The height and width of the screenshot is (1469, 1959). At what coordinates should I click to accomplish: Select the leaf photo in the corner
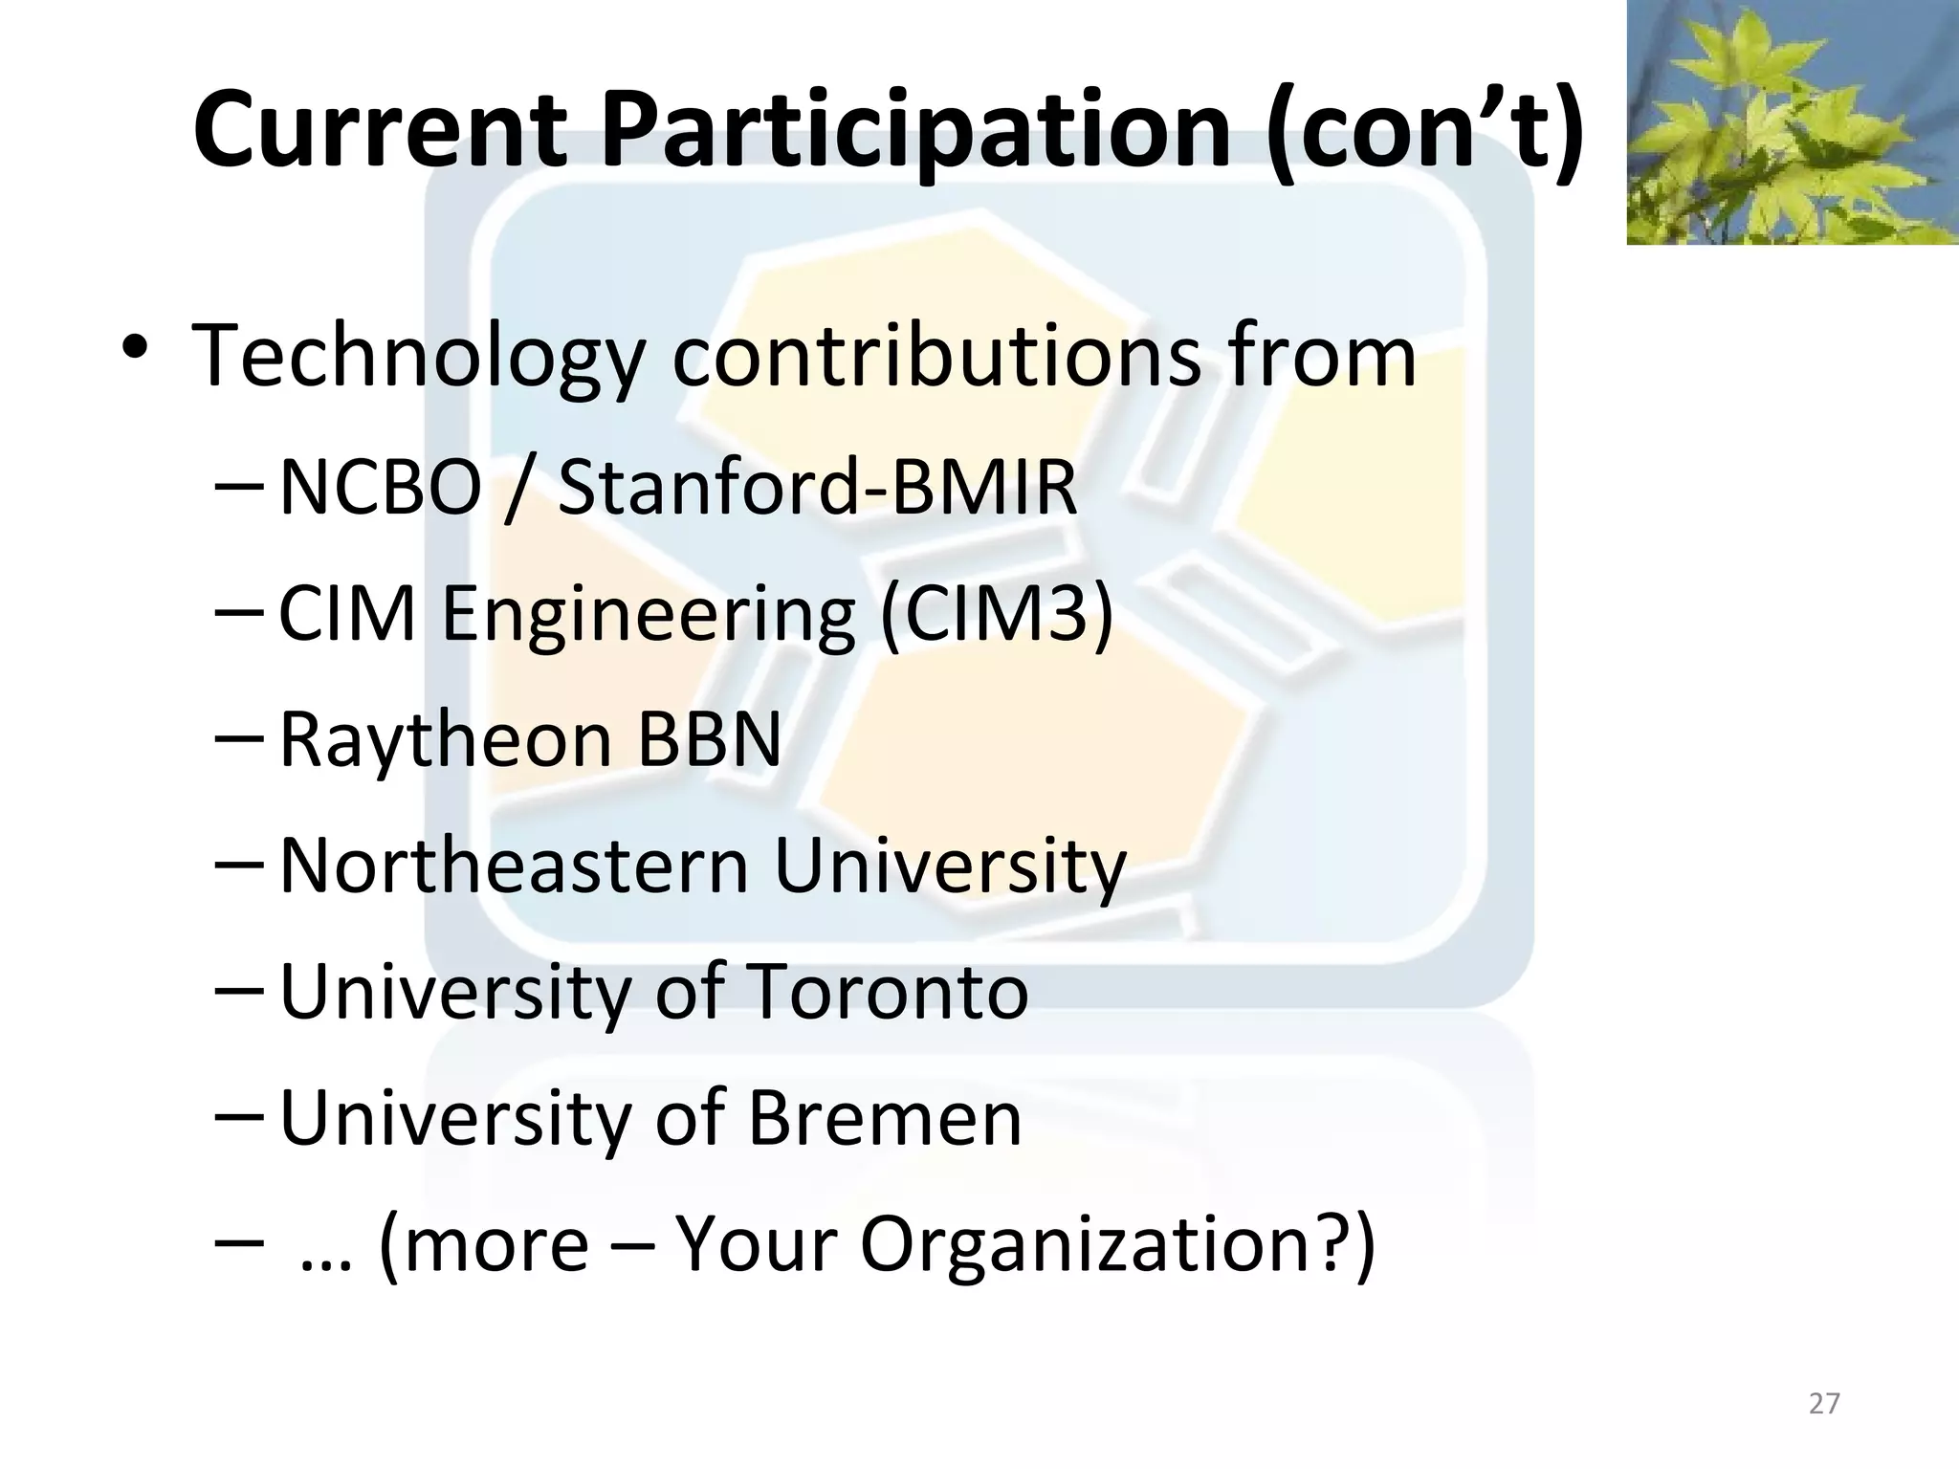pyautogui.click(x=1792, y=121)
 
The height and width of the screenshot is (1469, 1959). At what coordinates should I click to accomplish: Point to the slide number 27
pyautogui.click(x=1824, y=1403)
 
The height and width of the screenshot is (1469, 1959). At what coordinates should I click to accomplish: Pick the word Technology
pyautogui.click(x=419, y=357)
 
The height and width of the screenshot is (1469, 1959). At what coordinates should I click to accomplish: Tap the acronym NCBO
pyautogui.click(x=380, y=487)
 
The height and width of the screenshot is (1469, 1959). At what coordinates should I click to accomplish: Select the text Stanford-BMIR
pyautogui.click(x=817, y=487)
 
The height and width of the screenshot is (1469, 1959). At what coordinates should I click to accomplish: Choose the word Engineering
pyautogui.click(x=648, y=615)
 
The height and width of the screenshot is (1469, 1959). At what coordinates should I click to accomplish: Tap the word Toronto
pyautogui.click(x=886, y=991)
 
